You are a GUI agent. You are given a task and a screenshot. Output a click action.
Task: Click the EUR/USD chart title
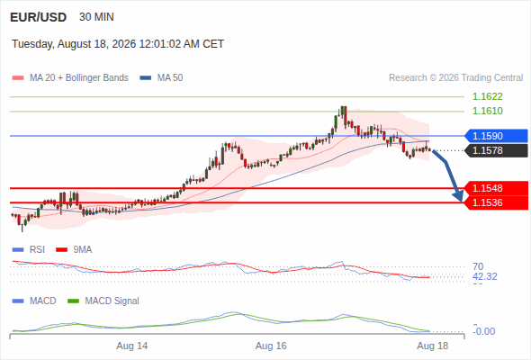pyautogui.click(x=39, y=17)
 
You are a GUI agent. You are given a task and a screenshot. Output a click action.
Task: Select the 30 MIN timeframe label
pyautogui.click(x=96, y=17)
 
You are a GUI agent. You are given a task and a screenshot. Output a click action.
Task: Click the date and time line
pyautogui.click(x=118, y=44)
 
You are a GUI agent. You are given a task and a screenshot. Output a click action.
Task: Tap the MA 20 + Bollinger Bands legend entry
pyautogui.click(x=70, y=78)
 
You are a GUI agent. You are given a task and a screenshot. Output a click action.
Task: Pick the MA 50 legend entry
pyautogui.click(x=161, y=78)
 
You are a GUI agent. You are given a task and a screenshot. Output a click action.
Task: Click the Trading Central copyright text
pyautogui.click(x=455, y=78)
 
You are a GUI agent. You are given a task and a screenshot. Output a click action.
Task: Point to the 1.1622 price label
pyautogui.click(x=487, y=96)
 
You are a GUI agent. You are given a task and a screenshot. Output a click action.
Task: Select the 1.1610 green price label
pyautogui.click(x=487, y=111)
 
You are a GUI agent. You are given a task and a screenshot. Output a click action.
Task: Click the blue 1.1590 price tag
pyautogui.click(x=496, y=136)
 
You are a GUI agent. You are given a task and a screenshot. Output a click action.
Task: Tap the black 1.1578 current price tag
pyautogui.click(x=496, y=150)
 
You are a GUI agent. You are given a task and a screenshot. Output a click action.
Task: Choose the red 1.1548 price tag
pyautogui.click(x=496, y=188)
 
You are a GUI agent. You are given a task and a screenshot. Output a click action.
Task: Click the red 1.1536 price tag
pyautogui.click(x=496, y=202)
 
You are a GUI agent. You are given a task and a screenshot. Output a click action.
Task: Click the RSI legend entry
pyautogui.click(x=29, y=249)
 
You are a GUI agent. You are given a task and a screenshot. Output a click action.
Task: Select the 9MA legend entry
pyautogui.click(x=74, y=249)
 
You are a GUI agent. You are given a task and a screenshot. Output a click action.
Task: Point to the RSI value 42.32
pyautogui.click(x=485, y=276)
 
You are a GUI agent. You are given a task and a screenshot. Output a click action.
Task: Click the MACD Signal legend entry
pyautogui.click(x=103, y=301)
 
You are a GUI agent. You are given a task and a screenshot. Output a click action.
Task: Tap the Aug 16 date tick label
pyautogui.click(x=271, y=346)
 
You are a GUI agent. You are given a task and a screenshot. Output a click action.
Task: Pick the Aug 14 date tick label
pyautogui.click(x=132, y=346)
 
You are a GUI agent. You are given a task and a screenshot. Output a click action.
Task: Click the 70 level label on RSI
pyautogui.click(x=478, y=266)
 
